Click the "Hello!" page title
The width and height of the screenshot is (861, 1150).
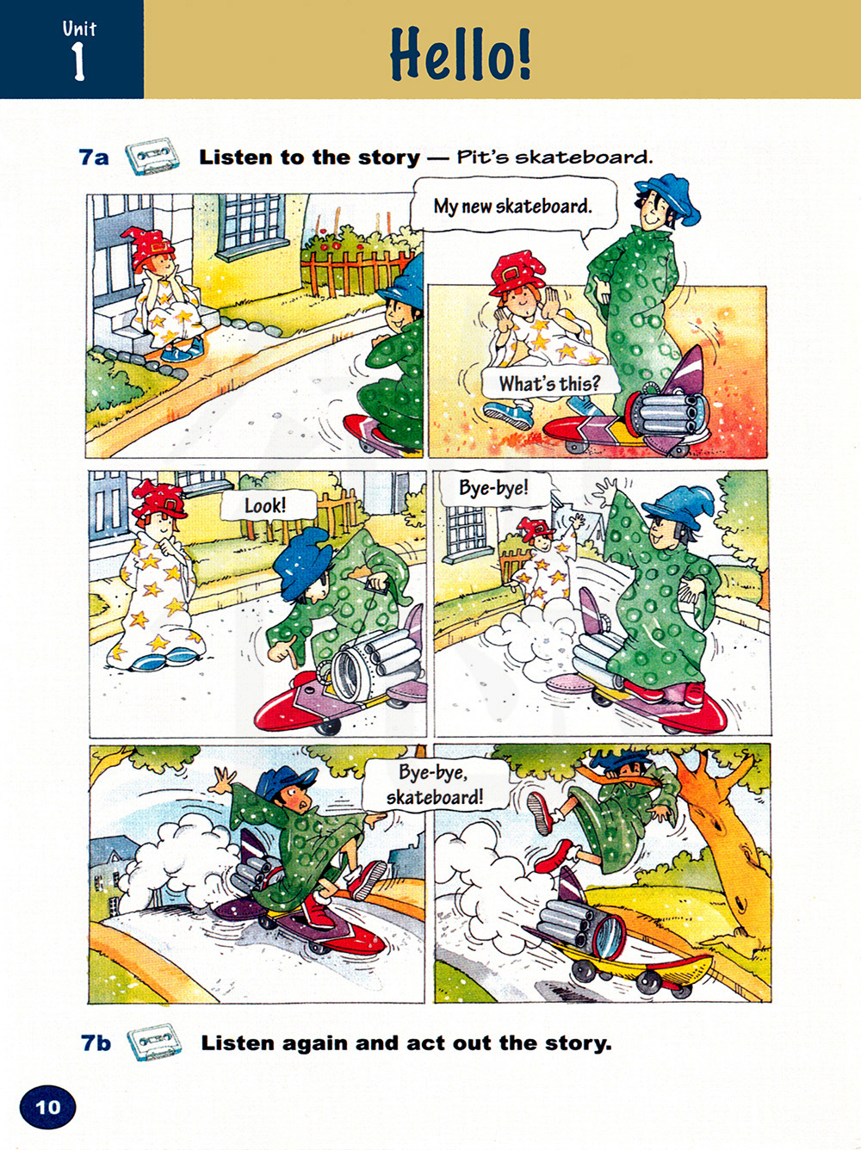point(461,54)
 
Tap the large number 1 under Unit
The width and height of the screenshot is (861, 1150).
point(78,61)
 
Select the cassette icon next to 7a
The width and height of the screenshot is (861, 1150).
point(152,156)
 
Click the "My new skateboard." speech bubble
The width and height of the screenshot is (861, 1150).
point(512,207)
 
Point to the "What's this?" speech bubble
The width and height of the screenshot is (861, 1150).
point(548,384)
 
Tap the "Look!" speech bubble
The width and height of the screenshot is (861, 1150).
point(266,505)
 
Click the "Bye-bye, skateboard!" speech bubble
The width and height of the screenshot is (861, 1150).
point(435,785)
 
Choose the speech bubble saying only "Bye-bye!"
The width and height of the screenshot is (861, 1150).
point(493,488)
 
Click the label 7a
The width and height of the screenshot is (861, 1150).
point(94,158)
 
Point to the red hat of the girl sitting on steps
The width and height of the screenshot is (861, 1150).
point(152,247)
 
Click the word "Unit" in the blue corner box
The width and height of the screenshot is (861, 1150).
point(79,28)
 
